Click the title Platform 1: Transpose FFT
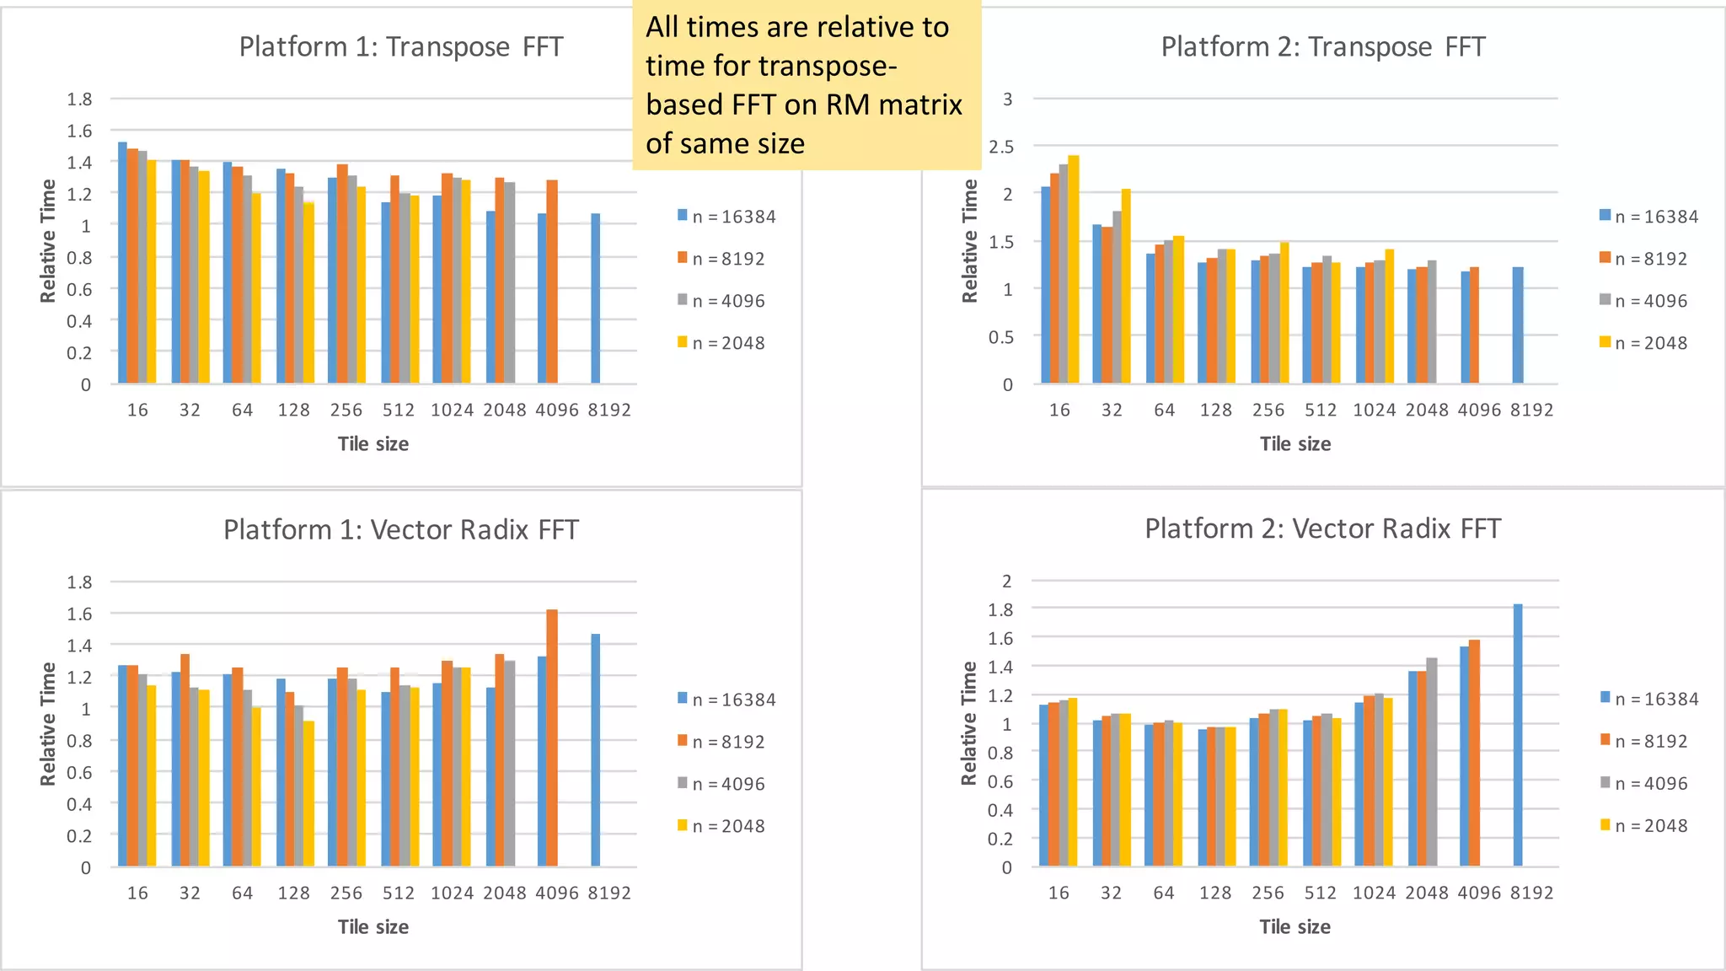click(400, 46)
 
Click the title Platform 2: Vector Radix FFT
click(1322, 528)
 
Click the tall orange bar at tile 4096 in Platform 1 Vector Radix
click(552, 738)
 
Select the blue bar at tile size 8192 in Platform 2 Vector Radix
click(1517, 735)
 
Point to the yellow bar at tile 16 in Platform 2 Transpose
click(1073, 270)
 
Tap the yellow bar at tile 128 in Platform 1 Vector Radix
click(309, 793)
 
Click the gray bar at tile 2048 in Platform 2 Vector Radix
click(1431, 762)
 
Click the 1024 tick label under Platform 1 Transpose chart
click(452, 410)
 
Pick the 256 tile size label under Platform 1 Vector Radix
click(346, 893)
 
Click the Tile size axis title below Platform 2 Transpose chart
click(1294, 444)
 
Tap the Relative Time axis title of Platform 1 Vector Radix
click(48, 724)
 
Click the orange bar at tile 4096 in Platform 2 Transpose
click(1474, 325)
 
